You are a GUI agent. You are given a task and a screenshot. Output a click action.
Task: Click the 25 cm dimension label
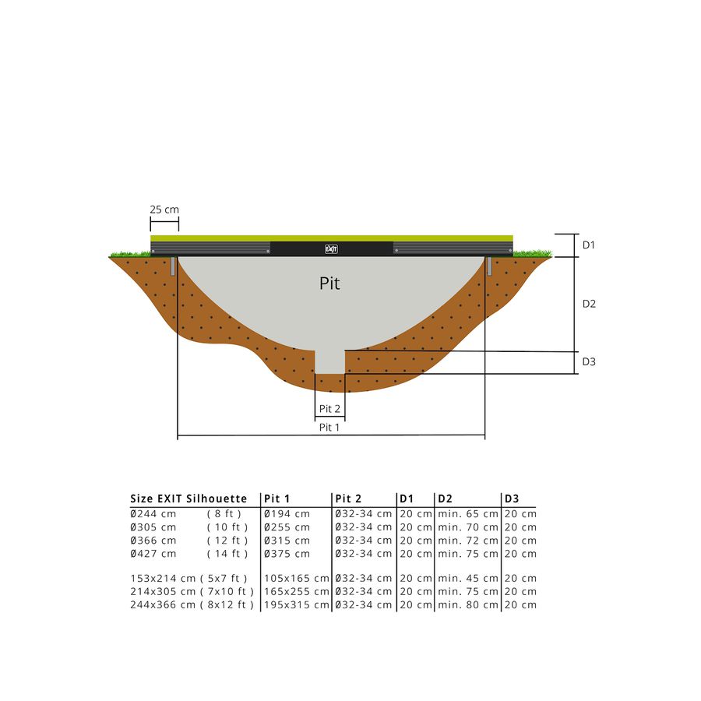(x=164, y=210)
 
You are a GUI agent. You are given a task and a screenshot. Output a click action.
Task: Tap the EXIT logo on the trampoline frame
(x=331, y=249)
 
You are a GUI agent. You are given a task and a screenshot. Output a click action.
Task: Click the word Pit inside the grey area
(x=329, y=284)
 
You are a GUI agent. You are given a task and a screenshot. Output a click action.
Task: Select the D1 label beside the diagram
(x=589, y=245)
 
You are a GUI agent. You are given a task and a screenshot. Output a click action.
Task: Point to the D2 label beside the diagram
(x=589, y=304)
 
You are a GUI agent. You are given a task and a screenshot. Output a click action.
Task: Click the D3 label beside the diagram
(x=589, y=361)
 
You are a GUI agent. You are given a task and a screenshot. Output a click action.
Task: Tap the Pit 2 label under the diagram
(x=329, y=409)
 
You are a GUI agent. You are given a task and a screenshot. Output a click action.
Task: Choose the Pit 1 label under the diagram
(x=329, y=427)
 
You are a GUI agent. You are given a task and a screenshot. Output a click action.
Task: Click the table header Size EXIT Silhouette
(x=188, y=498)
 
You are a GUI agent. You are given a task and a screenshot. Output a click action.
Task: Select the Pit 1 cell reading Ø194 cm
(x=287, y=514)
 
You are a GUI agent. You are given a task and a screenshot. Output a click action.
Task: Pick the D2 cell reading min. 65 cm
(x=467, y=514)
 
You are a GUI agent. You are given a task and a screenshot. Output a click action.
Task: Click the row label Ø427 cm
(x=153, y=554)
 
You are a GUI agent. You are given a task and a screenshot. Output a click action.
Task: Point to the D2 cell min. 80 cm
(x=467, y=605)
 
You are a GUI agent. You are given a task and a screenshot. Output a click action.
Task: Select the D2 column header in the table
(x=446, y=498)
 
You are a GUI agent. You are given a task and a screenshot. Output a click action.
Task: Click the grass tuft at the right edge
(x=534, y=253)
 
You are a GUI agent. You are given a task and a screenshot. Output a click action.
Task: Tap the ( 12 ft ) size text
(x=227, y=541)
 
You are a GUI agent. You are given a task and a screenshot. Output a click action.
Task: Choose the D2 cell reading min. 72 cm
(x=467, y=541)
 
